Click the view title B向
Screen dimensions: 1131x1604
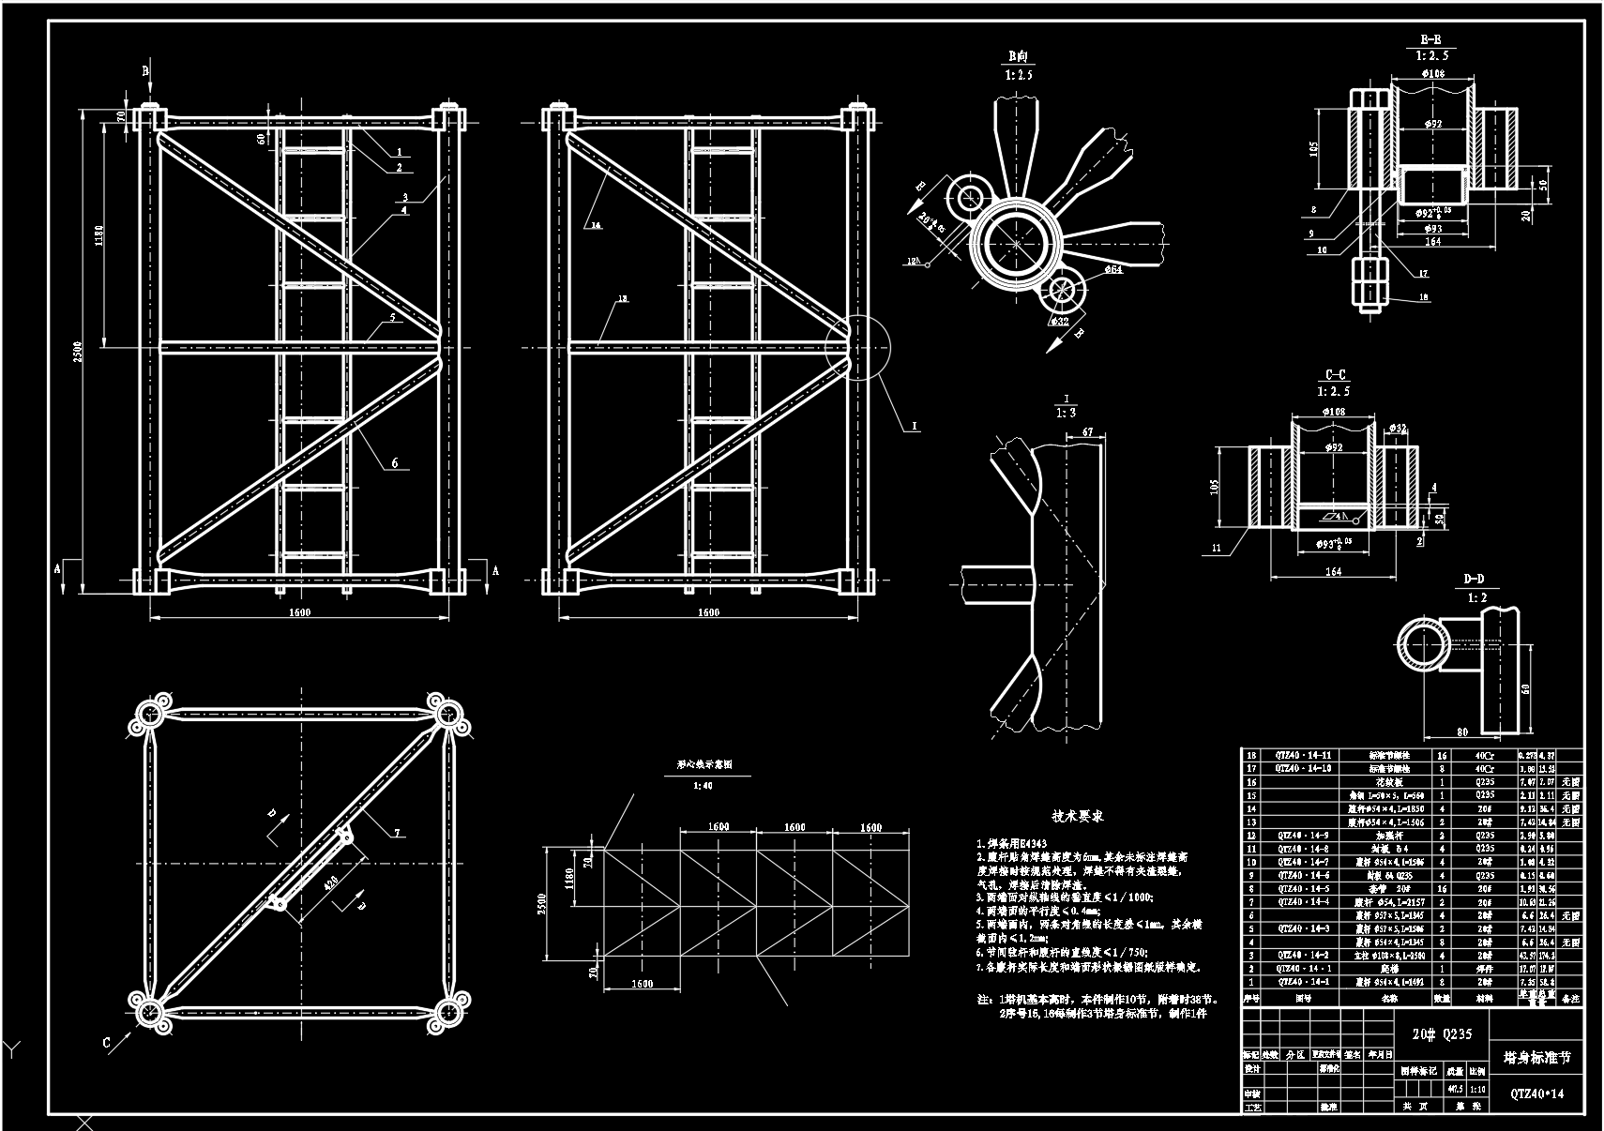click(x=1019, y=55)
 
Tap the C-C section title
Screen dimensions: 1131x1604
click(x=1335, y=375)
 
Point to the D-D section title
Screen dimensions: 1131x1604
click(x=1474, y=580)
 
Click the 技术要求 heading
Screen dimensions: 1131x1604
click(x=1077, y=816)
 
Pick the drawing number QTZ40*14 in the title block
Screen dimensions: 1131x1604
click(x=1536, y=1093)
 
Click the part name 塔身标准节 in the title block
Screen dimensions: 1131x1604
click(x=1536, y=1058)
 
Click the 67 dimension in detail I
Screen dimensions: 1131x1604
click(x=1087, y=432)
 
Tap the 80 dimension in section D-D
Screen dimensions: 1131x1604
click(x=1460, y=732)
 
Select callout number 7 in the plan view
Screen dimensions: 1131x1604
click(x=397, y=833)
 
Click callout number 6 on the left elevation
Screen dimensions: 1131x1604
click(x=395, y=462)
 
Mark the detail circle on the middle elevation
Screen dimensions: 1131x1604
click(x=858, y=347)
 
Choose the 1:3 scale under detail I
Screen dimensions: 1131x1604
click(x=1067, y=413)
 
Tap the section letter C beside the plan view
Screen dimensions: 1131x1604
click(x=107, y=1043)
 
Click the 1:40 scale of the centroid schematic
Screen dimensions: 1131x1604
click(x=702, y=786)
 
